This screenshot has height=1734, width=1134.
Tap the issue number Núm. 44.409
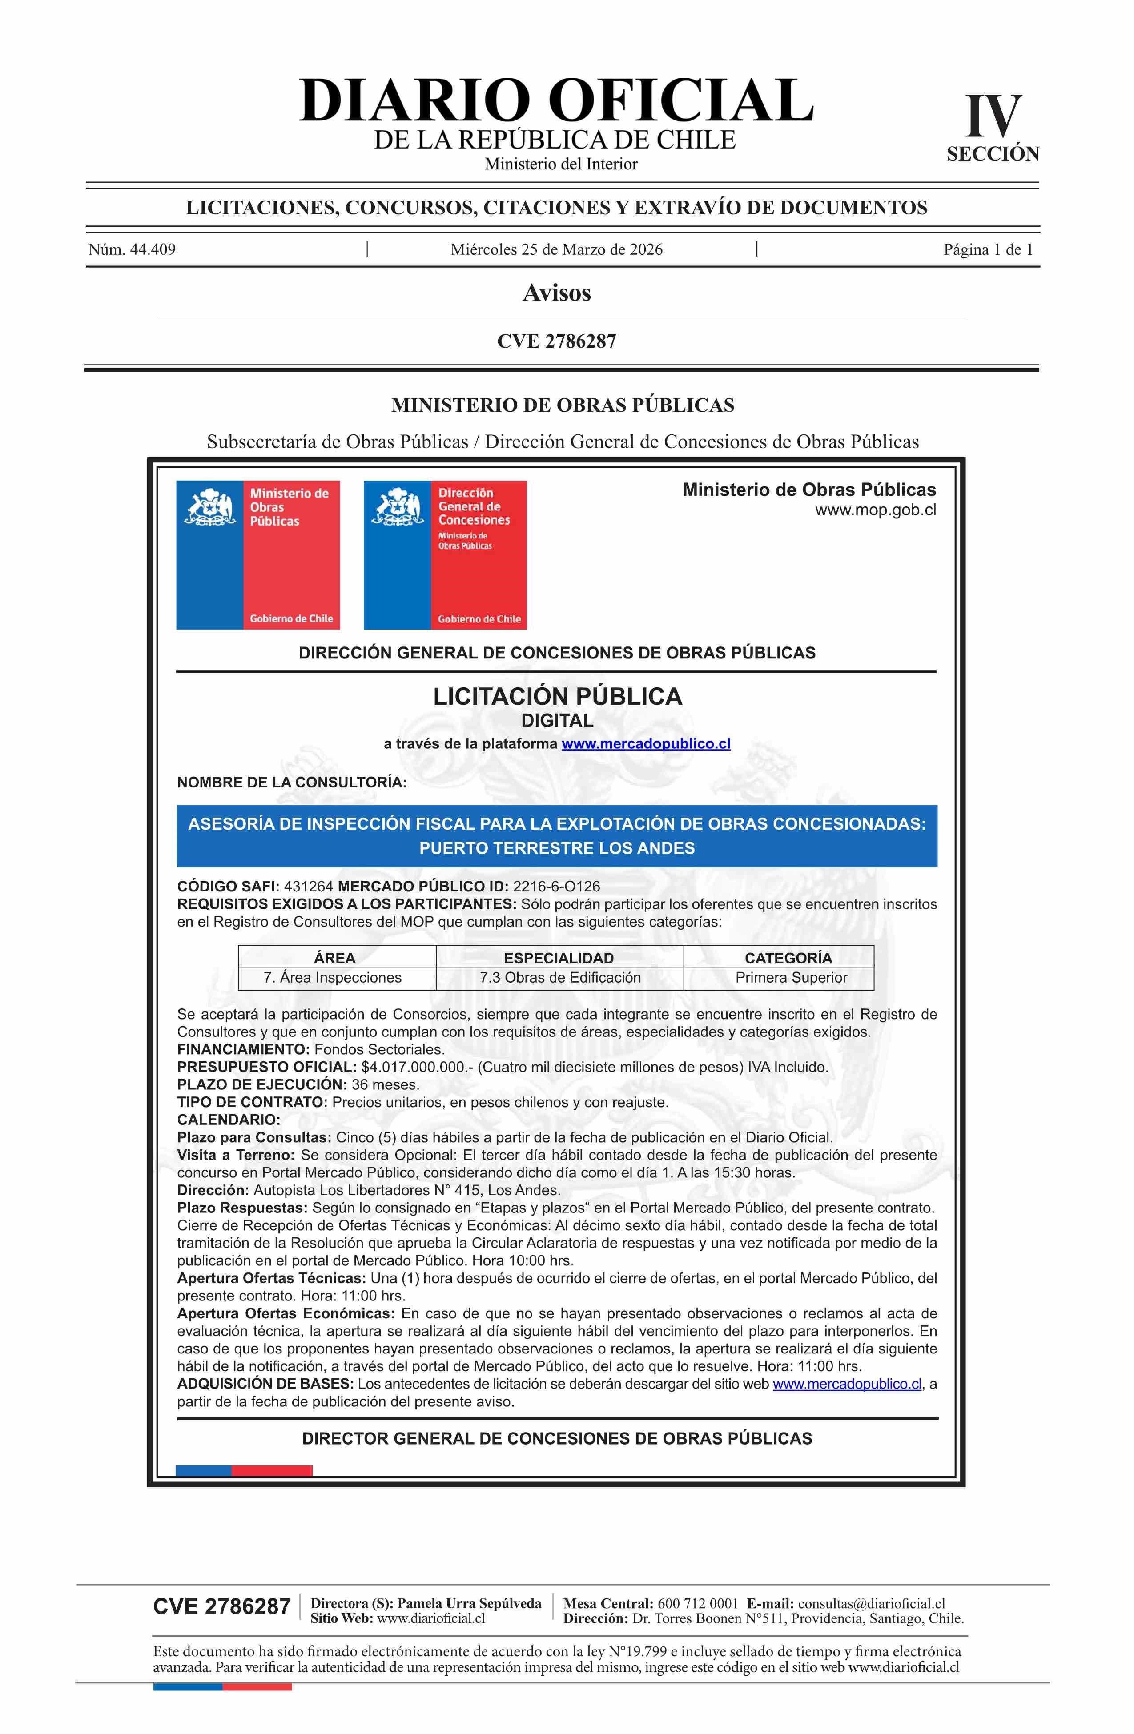pyautogui.click(x=132, y=250)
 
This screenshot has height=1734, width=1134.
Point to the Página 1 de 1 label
pyautogui.click(x=988, y=250)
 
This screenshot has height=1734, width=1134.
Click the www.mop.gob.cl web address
pyautogui.click(x=875, y=510)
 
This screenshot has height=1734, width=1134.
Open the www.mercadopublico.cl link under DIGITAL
pyautogui.click(x=646, y=744)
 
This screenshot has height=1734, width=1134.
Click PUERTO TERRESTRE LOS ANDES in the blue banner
pyautogui.click(x=557, y=848)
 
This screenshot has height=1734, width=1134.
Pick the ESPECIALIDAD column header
pyautogui.click(x=559, y=958)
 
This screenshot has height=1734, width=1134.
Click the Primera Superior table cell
pyautogui.click(x=791, y=978)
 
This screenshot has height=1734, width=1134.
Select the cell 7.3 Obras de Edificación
pyautogui.click(x=560, y=978)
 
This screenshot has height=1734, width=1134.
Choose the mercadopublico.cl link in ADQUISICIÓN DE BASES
pyautogui.click(x=847, y=1384)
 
